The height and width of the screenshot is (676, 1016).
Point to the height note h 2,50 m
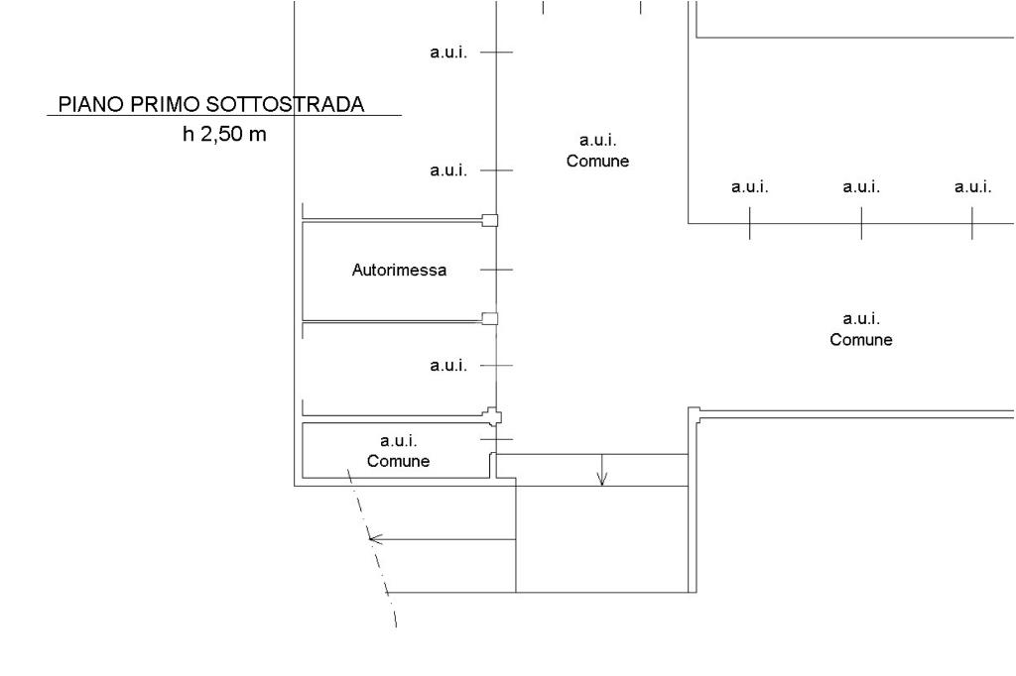tap(224, 134)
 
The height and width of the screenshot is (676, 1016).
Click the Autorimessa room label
tap(400, 270)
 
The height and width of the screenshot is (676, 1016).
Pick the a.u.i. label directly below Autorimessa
tap(448, 366)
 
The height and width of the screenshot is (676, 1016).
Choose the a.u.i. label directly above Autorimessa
tap(448, 170)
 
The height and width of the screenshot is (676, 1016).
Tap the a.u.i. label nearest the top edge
tap(448, 53)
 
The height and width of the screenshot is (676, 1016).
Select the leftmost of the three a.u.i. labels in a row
tap(750, 186)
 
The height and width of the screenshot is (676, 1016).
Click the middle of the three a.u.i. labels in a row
tap(861, 186)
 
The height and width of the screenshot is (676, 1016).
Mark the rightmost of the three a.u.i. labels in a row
tap(972, 186)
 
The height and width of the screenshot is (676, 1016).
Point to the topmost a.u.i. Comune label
tap(598, 151)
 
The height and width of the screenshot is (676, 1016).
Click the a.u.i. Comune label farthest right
tap(861, 329)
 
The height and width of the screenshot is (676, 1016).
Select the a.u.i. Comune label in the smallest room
tap(399, 450)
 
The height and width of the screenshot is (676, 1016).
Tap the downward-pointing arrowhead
tap(602, 481)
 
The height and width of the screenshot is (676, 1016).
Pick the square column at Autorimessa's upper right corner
tap(490, 220)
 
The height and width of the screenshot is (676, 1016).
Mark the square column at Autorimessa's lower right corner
tap(490, 318)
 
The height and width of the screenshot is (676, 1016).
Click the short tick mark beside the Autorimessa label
tap(496, 270)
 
